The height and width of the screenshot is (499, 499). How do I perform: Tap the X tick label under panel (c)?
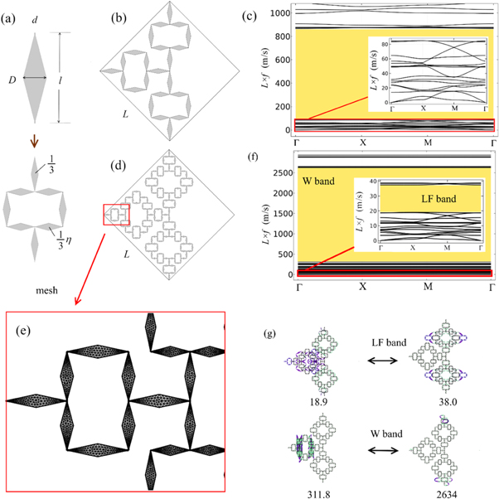click(362, 143)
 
